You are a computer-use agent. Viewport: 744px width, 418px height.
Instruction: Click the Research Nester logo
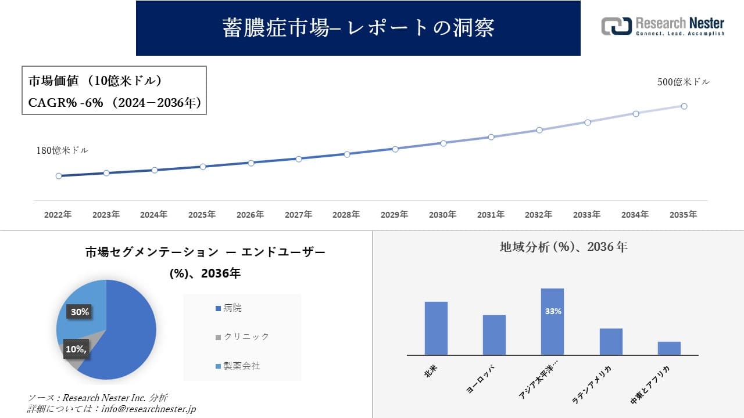click(x=663, y=26)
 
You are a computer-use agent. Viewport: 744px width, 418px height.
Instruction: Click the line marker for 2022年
click(x=59, y=176)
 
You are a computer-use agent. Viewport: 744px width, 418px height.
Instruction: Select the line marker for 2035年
click(x=684, y=106)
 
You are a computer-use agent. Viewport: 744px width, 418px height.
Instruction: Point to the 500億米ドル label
click(x=684, y=82)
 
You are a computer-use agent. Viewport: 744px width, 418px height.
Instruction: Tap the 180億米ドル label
click(x=62, y=150)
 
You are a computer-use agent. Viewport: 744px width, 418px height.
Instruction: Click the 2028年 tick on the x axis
click(x=346, y=215)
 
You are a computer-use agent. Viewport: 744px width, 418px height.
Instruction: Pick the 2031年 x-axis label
click(x=491, y=215)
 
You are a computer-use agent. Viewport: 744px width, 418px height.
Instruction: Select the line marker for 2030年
click(x=443, y=143)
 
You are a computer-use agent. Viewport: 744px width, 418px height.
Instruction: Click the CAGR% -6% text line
click(x=115, y=103)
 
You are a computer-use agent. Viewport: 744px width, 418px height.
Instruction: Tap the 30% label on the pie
click(x=80, y=312)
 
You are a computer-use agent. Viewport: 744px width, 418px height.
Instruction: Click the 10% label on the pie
click(x=76, y=349)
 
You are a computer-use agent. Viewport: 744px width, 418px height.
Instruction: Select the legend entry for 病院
click(x=232, y=308)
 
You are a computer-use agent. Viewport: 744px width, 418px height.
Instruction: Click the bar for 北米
click(x=436, y=328)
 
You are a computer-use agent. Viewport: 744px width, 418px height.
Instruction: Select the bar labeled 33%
click(x=552, y=321)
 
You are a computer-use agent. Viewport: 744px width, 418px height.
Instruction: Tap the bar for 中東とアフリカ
click(x=669, y=348)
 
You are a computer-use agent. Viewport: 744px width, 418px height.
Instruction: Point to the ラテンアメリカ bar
click(x=611, y=341)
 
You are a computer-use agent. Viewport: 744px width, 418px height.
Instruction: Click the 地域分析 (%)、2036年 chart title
click(x=563, y=247)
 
